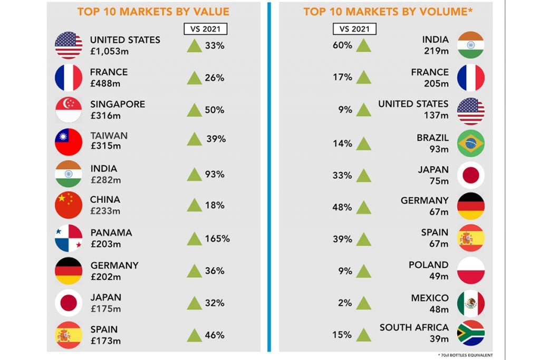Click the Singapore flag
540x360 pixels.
[x=69, y=110]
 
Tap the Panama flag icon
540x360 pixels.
[x=69, y=238]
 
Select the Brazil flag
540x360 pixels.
[x=471, y=143]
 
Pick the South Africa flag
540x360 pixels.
[x=471, y=333]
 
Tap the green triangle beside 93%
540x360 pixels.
[x=195, y=174]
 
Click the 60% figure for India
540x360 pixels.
[x=342, y=45]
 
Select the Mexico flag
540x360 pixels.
[x=471, y=303]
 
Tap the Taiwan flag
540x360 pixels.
[x=69, y=142]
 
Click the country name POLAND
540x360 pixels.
[x=428, y=265]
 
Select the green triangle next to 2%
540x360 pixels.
[x=363, y=303]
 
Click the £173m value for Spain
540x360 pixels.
[x=105, y=340]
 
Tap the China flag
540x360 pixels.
[x=69, y=205]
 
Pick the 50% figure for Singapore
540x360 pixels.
[x=215, y=110]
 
